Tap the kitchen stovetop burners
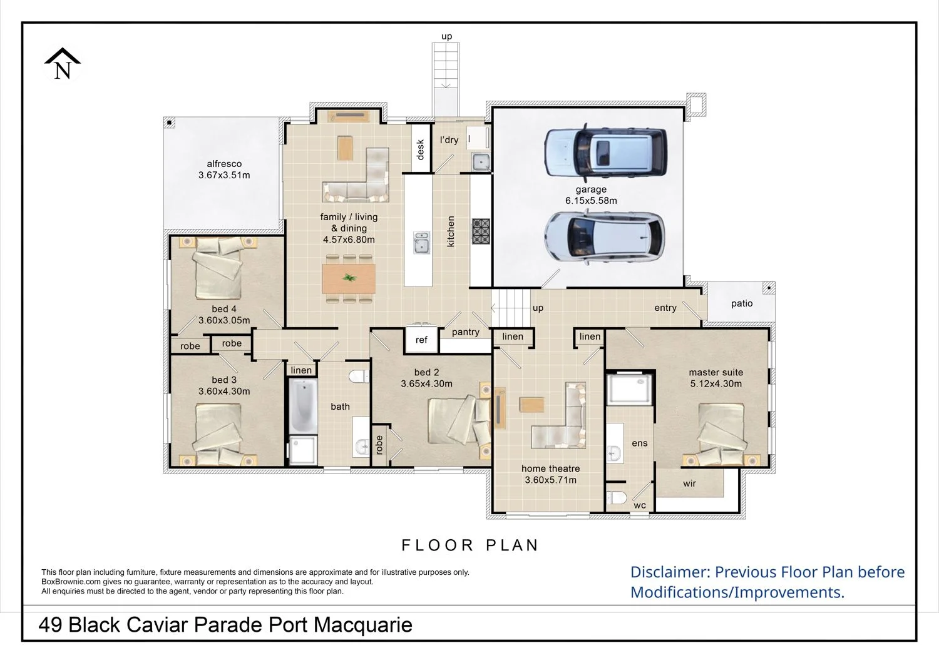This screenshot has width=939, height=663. pyautogui.click(x=481, y=231)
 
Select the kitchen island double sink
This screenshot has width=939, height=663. pyautogui.click(x=421, y=243)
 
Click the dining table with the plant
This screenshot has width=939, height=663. pyautogui.click(x=349, y=278)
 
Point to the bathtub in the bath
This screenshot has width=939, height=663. pyautogui.click(x=302, y=406)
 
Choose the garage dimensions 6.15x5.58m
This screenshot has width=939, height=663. pyautogui.click(x=591, y=201)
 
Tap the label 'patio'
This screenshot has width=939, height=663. pyautogui.click(x=742, y=303)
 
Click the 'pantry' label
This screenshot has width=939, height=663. pyautogui.click(x=466, y=332)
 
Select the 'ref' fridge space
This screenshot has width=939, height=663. pyautogui.click(x=421, y=340)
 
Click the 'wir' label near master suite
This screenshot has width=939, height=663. pyautogui.click(x=690, y=483)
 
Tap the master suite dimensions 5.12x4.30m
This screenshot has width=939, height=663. pyautogui.click(x=716, y=383)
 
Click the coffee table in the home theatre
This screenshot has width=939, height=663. pyautogui.click(x=531, y=405)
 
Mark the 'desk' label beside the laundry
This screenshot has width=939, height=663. pyautogui.click(x=421, y=149)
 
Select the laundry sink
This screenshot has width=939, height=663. pyautogui.click(x=481, y=162)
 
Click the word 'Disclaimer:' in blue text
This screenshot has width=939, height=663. pyautogui.click(x=670, y=572)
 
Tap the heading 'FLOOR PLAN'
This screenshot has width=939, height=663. pyautogui.click(x=470, y=545)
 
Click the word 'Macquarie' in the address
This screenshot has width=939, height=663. pyautogui.click(x=363, y=625)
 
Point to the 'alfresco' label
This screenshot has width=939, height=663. pyautogui.click(x=224, y=164)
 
